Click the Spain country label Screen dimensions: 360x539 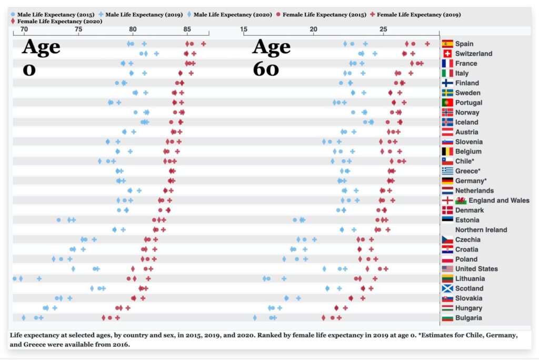tap(464, 44)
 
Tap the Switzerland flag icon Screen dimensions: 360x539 tap(447, 54)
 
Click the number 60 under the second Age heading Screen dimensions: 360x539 tap(266, 68)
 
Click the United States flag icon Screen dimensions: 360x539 tap(447, 269)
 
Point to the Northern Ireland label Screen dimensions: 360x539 tap(481, 229)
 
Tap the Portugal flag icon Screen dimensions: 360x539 tap(447, 103)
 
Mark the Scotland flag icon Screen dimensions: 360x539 tap(447, 288)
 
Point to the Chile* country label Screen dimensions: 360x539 tap(465, 161)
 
